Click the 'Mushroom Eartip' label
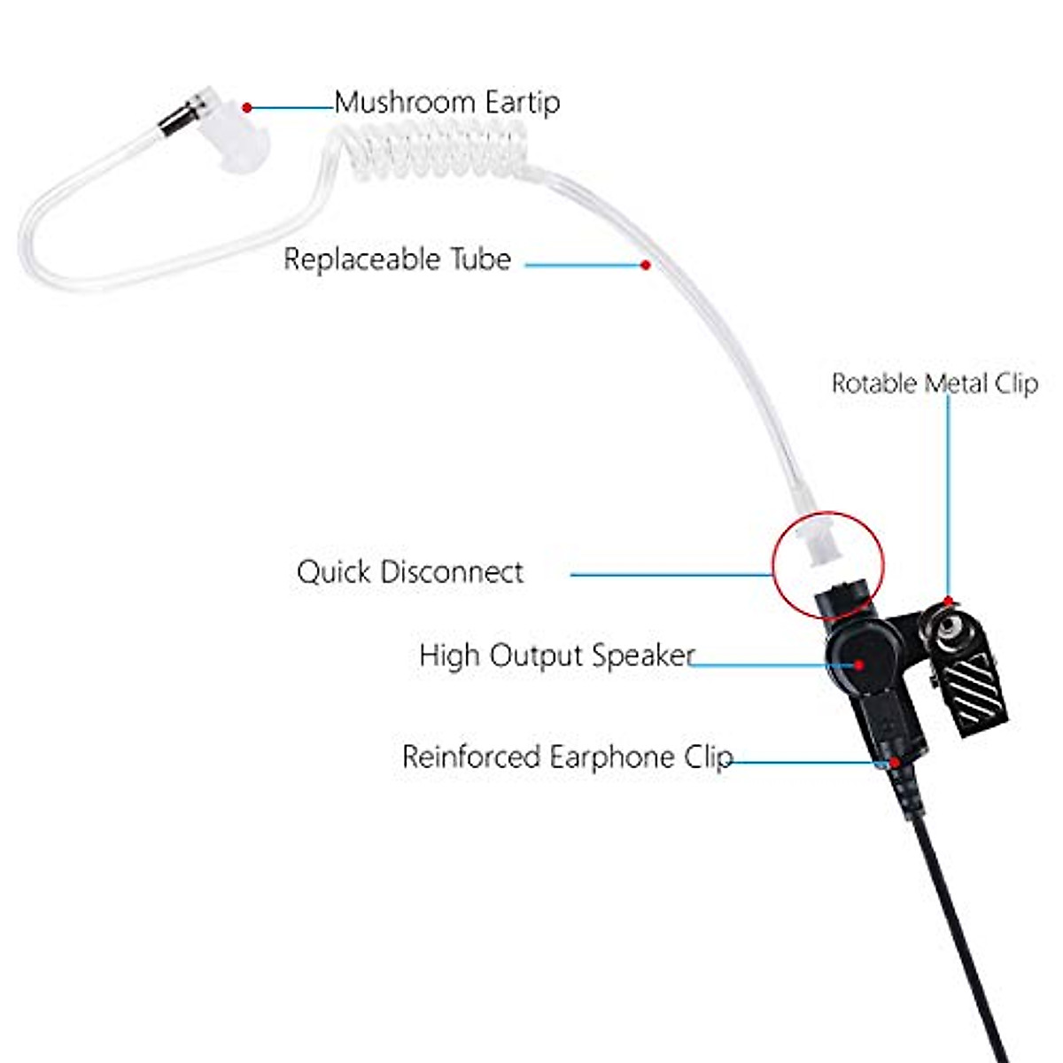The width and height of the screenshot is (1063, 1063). pyautogui.click(x=446, y=103)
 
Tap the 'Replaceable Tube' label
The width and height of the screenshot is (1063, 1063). pyautogui.click(x=397, y=260)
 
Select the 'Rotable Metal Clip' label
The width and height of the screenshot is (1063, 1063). pyautogui.click(x=934, y=384)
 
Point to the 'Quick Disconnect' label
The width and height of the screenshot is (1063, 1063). pyautogui.click(x=409, y=572)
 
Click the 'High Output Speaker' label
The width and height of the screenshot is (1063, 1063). pyautogui.click(x=556, y=656)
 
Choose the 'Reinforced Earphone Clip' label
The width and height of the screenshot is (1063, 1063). pyautogui.click(x=567, y=757)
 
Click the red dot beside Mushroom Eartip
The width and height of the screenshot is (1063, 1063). pyautogui.click(x=247, y=107)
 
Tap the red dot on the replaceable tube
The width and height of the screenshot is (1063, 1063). pyautogui.click(x=646, y=264)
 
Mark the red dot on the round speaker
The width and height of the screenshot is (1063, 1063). pyautogui.click(x=857, y=663)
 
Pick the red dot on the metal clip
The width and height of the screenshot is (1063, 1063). pyautogui.click(x=949, y=601)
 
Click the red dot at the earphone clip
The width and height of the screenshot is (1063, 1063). pyautogui.click(x=896, y=760)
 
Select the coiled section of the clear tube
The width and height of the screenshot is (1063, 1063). pyautogui.click(x=434, y=151)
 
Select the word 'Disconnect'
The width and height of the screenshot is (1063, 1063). pyautogui.click(x=452, y=572)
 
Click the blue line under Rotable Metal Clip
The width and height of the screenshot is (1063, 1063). pyautogui.click(x=949, y=496)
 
